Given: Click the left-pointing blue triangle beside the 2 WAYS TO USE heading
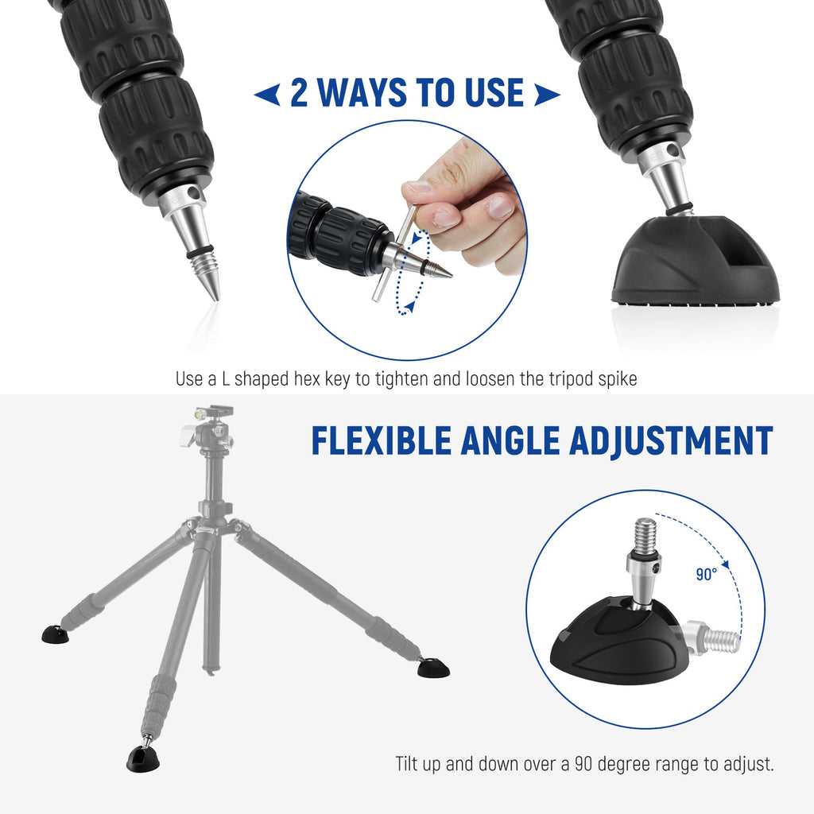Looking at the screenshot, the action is pos(267,95).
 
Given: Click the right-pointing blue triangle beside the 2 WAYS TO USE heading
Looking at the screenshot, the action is pos(547,95).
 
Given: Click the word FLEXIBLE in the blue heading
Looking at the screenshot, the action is pos(382,441).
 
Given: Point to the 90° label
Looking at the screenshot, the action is pos(707,574).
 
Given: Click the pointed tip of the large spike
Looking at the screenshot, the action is pos(215,299).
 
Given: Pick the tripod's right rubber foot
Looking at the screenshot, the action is pos(434,668).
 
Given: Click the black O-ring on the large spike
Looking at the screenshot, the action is pos(200,251).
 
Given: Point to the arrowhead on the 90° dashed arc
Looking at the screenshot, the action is pos(726,564).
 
